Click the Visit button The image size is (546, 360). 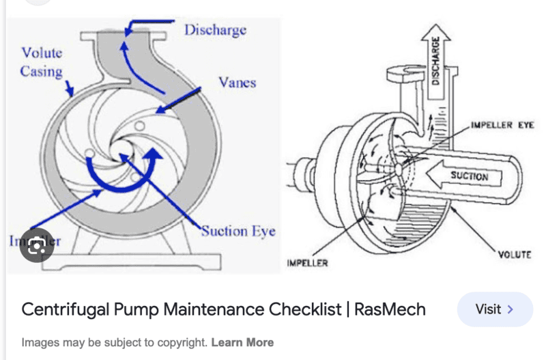tap(495, 309)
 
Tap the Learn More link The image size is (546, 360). tap(242, 342)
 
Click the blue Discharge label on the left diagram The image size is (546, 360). tap(215, 30)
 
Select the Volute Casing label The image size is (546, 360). tap(41, 61)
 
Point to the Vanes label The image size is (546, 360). tap(237, 83)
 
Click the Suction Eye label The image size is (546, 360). tap(238, 231)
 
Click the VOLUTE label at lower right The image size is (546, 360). tap(514, 255)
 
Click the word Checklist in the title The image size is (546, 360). tap(303, 309)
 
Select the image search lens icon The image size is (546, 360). tap(37, 245)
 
